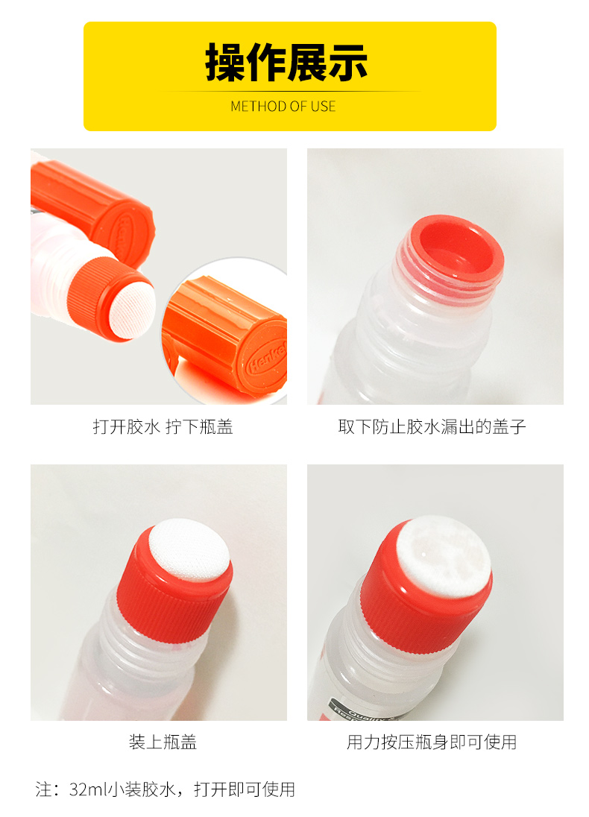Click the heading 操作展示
pos(286,63)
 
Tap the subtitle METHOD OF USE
pos(283,107)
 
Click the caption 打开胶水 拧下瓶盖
pos(163,426)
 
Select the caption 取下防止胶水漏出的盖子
pos(432,426)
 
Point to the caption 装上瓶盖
pos(163,742)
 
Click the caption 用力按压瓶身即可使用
pos(432,742)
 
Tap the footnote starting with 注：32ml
pos(166,789)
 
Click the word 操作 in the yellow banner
pos(245,63)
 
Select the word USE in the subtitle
pos(323,107)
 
